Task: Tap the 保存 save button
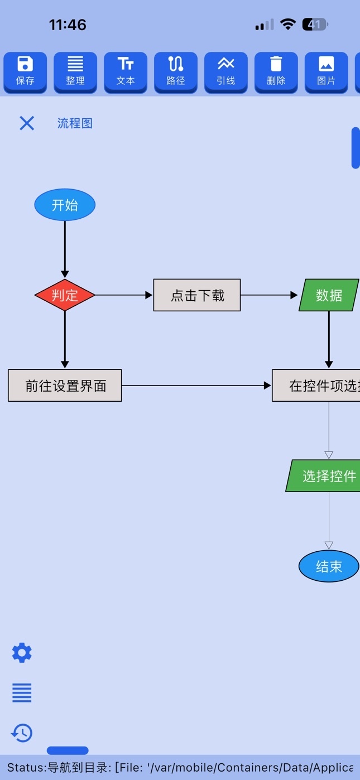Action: (x=25, y=73)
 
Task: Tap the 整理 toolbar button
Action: (x=75, y=73)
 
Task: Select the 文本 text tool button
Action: (x=126, y=73)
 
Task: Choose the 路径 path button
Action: (x=176, y=73)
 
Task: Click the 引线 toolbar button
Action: (x=226, y=73)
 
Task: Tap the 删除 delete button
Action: (x=276, y=73)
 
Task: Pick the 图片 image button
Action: (x=326, y=73)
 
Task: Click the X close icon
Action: (x=27, y=123)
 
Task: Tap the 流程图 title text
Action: (x=75, y=123)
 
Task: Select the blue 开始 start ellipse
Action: (x=65, y=205)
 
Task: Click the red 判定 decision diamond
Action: (x=65, y=295)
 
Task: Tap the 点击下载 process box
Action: (x=197, y=295)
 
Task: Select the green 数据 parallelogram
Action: (x=329, y=295)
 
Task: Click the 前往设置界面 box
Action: (x=65, y=386)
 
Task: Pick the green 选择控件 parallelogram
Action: (x=323, y=476)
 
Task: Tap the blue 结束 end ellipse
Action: (x=329, y=566)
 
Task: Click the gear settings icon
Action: (x=22, y=653)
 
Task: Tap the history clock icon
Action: (x=22, y=733)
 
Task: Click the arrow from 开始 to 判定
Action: (x=65, y=249)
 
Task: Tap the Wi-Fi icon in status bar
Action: (x=288, y=25)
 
